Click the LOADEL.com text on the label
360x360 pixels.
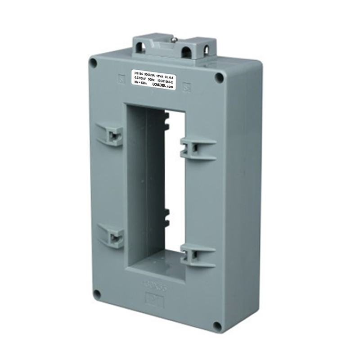(161, 87)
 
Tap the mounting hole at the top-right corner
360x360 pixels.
(219, 77)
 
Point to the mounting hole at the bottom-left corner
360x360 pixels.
(96, 294)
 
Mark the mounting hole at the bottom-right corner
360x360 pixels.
(217, 325)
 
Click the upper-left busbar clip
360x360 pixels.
(111, 134)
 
